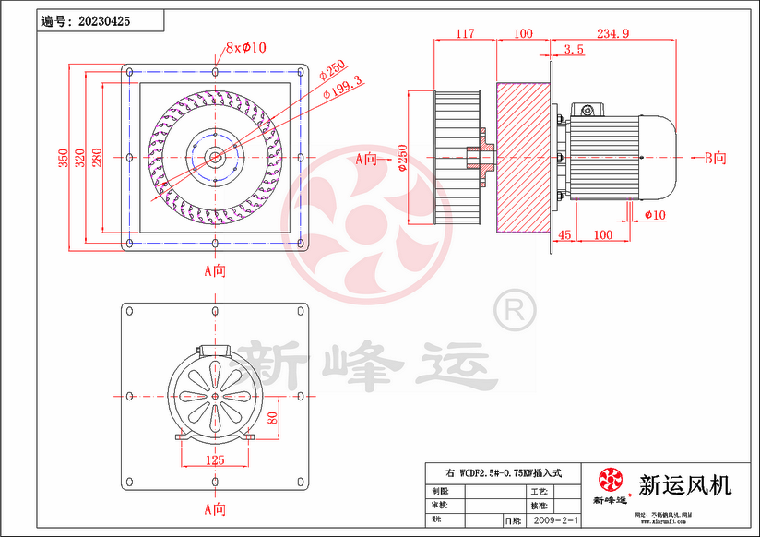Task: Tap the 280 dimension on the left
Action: [x=97, y=158]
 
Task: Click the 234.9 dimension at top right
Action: [x=612, y=33]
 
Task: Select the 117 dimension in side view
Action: [x=466, y=33]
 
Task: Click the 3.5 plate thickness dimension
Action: [x=573, y=49]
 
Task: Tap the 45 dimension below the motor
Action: [x=565, y=235]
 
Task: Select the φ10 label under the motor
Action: [x=656, y=215]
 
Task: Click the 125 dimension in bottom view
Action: [x=214, y=459]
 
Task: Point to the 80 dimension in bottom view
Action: [x=272, y=417]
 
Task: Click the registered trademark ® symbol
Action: [x=513, y=308]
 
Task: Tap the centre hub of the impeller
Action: [x=215, y=158]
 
